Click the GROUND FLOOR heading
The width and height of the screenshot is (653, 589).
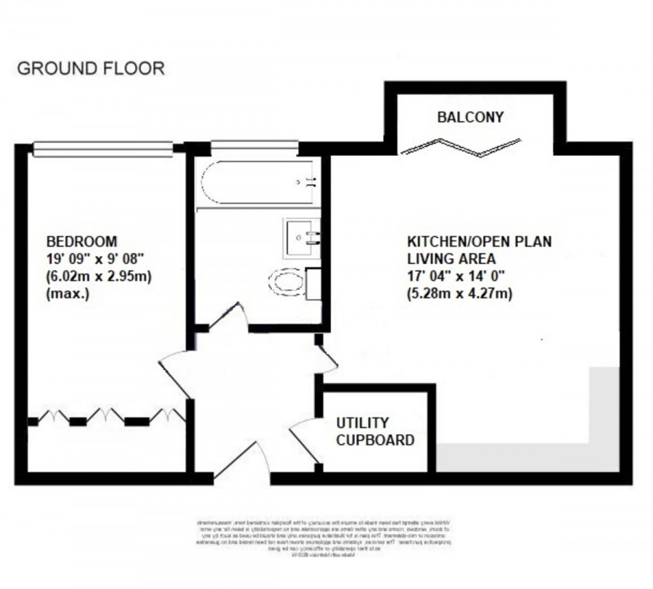click(91, 69)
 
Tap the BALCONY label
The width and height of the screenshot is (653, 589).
click(470, 117)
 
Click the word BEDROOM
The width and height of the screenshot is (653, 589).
click(81, 241)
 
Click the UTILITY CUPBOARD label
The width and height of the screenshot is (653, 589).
click(374, 431)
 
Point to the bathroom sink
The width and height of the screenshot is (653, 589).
click(301, 238)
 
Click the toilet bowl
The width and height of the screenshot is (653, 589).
click(287, 281)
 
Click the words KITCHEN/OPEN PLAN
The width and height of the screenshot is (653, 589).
click(478, 242)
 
